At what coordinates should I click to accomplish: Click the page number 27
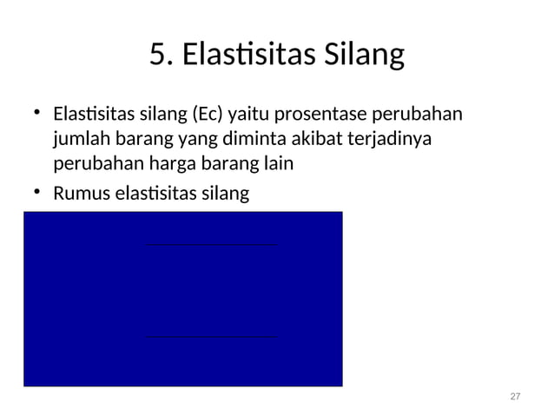pyautogui.click(x=515, y=396)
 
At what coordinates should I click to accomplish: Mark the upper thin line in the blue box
pyautogui.click(x=213, y=246)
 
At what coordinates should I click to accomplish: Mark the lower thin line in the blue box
pyautogui.click(x=213, y=336)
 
